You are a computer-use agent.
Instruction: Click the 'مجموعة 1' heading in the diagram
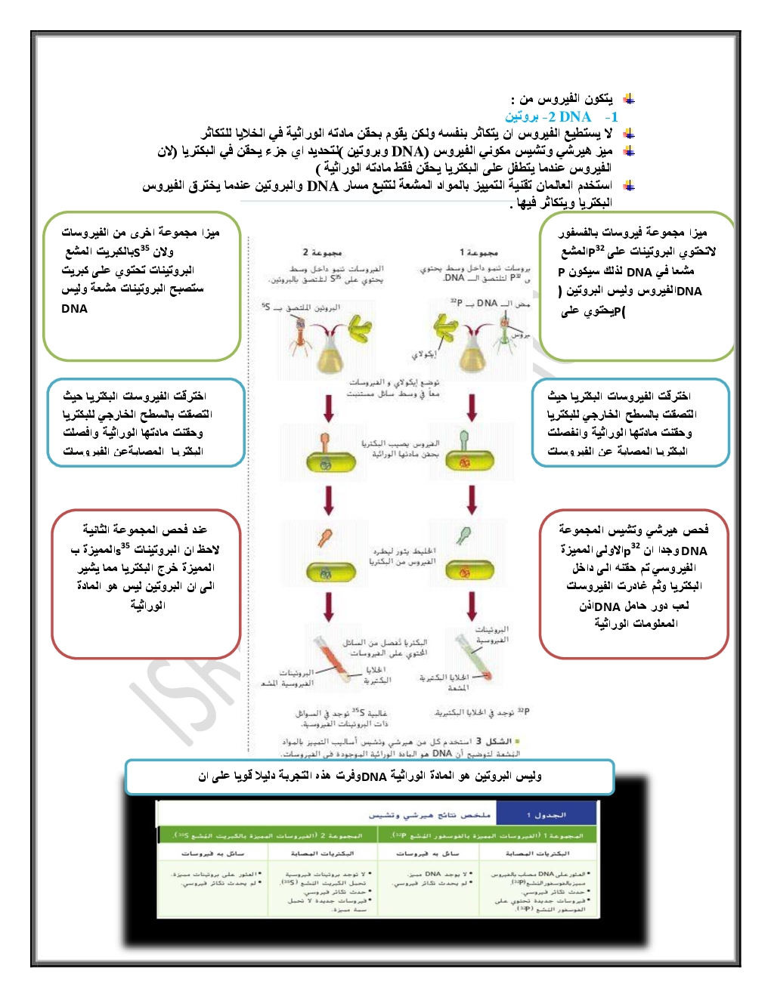tap(478, 252)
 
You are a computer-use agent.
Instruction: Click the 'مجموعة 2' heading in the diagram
tap(323, 252)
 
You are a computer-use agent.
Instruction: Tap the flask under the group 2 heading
tap(330, 353)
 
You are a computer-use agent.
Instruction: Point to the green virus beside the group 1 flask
tap(505, 336)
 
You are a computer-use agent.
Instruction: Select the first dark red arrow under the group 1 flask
tap(472, 408)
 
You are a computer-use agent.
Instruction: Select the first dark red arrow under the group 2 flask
tap(329, 408)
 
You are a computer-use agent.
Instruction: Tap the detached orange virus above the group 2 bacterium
tap(325, 538)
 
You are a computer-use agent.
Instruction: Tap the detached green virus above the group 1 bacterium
tap(463, 536)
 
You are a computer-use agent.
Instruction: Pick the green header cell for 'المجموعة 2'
tap(268, 835)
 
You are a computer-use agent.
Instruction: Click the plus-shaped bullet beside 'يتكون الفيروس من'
tap(628, 99)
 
